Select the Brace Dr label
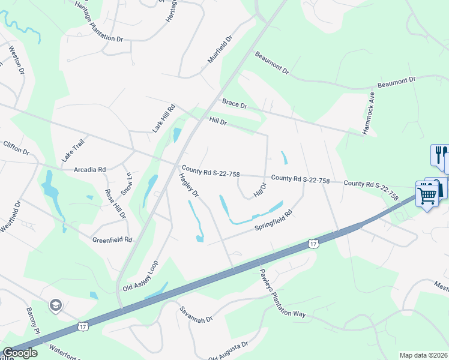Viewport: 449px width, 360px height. (x=234, y=104)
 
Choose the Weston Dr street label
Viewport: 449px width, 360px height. (x=16, y=58)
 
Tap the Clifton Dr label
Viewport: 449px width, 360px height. (x=16, y=148)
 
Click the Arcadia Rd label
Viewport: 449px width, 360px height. (x=89, y=170)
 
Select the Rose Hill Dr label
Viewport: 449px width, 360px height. (x=115, y=203)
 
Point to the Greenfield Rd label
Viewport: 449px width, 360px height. (x=112, y=239)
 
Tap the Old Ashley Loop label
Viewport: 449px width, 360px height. (x=140, y=277)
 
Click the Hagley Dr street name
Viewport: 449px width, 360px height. (x=188, y=185)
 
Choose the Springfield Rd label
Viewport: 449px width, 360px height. (x=273, y=220)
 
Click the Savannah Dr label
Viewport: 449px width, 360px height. (x=196, y=315)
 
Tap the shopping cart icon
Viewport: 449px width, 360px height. (x=427, y=194)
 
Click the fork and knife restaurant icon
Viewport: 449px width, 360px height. (x=439, y=155)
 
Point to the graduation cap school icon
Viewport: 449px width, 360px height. (x=56, y=305)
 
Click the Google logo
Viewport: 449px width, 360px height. (x=20, y=353)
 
